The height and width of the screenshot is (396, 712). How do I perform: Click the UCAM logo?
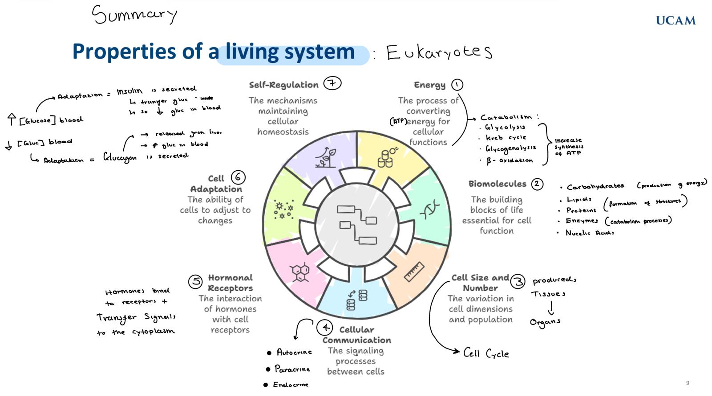pyautogui.click(x=676, y=20)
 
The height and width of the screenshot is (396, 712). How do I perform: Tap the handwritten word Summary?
pyautogui.click(x=134, y=15)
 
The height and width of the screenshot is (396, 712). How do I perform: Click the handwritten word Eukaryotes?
pyautogui.click(x=439, y=52)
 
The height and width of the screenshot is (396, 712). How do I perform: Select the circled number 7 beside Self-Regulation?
pyautogui.click(x=332, y=83)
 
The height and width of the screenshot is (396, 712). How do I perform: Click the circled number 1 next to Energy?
pyautogui.click(x=457, y=84)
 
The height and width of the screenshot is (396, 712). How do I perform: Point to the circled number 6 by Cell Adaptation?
pyautogui.click(x=238, y=177)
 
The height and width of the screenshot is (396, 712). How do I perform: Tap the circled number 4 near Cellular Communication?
pyautogui.click(x=325, y=328)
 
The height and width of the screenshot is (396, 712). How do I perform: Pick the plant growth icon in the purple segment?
pyautogui.click(x=326, y=157)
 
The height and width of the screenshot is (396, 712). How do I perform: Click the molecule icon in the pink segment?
pyautogui.click(x=300, y=272)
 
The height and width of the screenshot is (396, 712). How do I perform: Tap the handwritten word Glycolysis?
pyautogui.click(x=505, y=127)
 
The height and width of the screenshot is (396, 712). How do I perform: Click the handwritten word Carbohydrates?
pyautogui.click(x=595, y=187)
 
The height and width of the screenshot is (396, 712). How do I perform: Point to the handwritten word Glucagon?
pyautogui.click(x=120, y=157)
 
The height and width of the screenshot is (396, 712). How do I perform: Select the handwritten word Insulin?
pyautogui.click(x=129, y=91)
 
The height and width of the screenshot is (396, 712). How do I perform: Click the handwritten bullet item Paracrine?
pyautogui.click(x=292, y=369)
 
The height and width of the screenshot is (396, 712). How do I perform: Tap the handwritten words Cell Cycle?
pyautogui.click(x=486, y=353)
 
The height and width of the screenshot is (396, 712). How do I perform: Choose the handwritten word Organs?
pyautogui.click(x=545, y=322)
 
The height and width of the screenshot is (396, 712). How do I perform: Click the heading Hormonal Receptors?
pyautogui.click(x=230, y=283)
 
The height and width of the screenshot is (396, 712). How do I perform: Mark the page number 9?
pyautogui.click(x=688, y=383)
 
